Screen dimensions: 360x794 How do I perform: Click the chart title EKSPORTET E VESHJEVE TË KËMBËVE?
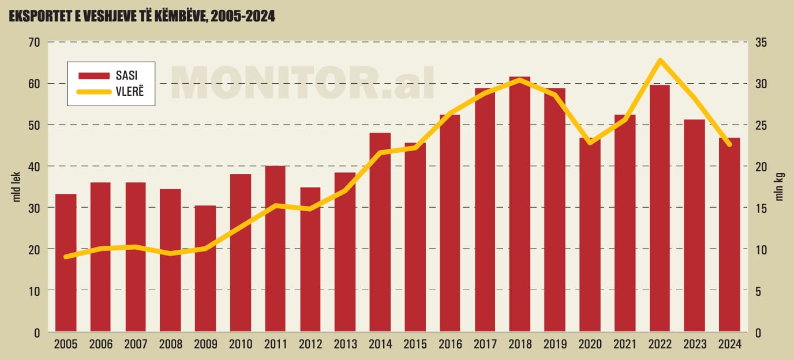pos(141,17)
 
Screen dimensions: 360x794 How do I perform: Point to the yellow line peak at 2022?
pos(660,60)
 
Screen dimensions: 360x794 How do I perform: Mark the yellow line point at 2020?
pos(590,142)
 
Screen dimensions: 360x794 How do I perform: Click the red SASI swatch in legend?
pos(94,76)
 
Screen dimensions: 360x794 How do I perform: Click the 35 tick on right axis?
pos(761,42)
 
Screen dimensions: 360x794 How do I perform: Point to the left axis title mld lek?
pos(17,187)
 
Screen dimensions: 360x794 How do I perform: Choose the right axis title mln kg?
pos(779,187)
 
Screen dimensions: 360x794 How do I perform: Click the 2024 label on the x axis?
pos(729,344)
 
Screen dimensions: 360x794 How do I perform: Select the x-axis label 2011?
pos(275,344)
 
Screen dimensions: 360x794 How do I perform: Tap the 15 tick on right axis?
pos(761,208)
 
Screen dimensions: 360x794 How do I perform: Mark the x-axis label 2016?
pos(450,344)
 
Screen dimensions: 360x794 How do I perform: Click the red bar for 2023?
pos(695,226)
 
